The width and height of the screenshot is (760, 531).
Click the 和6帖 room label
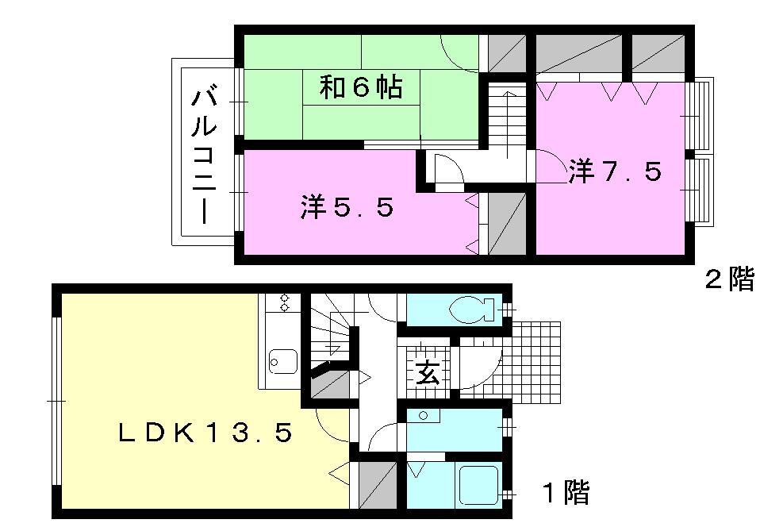tap(361, 88)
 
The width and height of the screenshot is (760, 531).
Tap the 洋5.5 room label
tap(347, 207)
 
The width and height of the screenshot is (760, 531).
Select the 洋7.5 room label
tap(615, 171)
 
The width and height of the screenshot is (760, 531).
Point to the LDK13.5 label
tap(206, 433)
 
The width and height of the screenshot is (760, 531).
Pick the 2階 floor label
tap(730, 279)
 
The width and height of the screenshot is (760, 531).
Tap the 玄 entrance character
tap(428, 372)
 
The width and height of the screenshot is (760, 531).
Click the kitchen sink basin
tap(283, 362)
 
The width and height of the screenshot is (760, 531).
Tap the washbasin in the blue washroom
tap(424, 415)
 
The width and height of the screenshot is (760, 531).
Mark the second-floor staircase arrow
tap(508, 124)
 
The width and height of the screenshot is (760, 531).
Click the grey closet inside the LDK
tap(378, 486)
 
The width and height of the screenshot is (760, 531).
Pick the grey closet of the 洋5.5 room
tap(507, 223)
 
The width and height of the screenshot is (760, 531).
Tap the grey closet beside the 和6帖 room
tap(507, 53)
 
